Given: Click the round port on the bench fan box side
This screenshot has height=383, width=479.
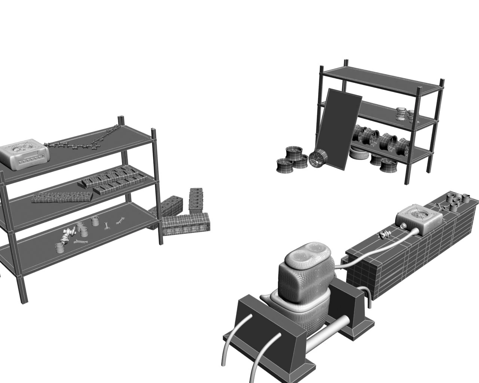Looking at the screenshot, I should point(403,226).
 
